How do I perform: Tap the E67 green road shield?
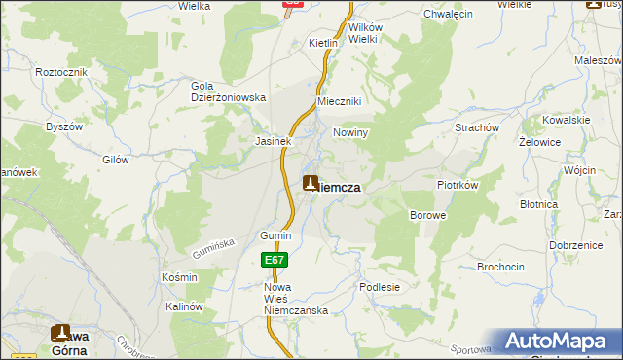(274, 260)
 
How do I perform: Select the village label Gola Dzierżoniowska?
(228, 91)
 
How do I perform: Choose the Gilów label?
(116, 157)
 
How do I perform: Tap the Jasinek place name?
(274, 141)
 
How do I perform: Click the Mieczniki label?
(340, 102)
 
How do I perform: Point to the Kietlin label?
(322, 44)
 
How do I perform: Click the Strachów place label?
(477, 127)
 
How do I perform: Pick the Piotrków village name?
(456, 184)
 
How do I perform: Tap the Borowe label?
(427, 214)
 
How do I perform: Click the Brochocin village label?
(502, 267)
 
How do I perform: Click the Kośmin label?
(179, 277)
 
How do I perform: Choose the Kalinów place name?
(182, 306)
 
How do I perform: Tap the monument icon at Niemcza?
(311, 183)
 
